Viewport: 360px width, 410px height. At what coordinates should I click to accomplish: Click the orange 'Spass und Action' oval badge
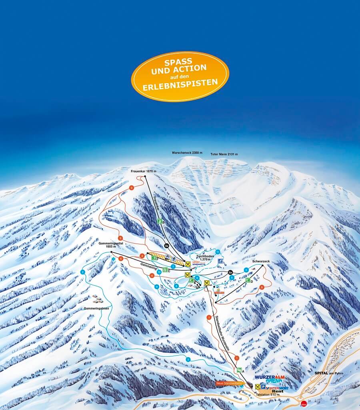pyautogui.click(x=180, y=76)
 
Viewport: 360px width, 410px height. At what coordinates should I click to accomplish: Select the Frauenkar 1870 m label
pyautogui.click(x=143, y=171)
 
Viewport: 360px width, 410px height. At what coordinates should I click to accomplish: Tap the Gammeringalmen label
pyautogui.click(x=96, y=308)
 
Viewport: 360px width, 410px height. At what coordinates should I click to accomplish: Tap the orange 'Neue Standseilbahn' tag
pyautogui.click(x=229, y=383)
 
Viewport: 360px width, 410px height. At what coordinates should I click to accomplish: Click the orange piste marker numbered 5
pyautogui.click(x=262, y=287)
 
